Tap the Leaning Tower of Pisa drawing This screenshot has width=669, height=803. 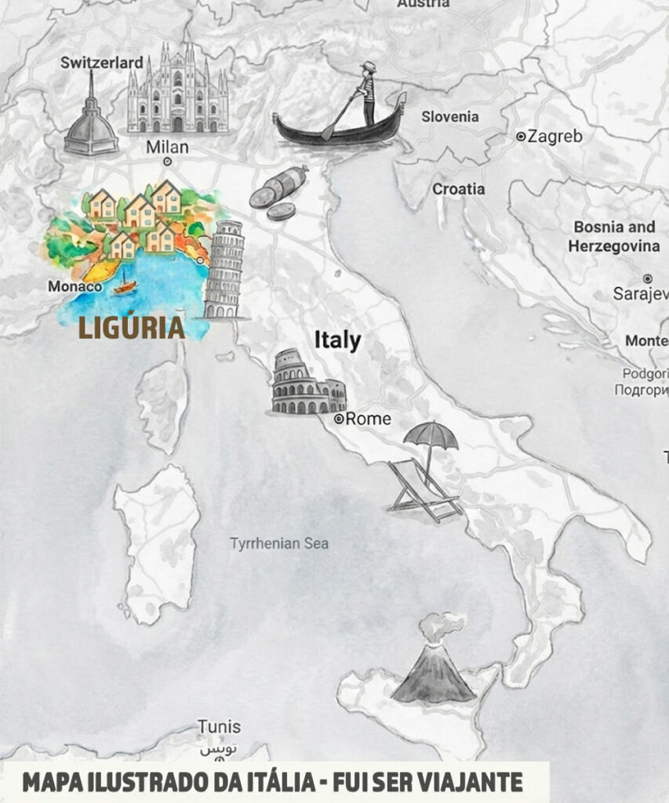coord(225,269)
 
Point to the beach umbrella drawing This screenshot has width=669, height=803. coord(431,435)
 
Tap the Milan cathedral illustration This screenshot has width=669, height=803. coord(178,90)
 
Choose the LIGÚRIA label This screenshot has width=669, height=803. coord(132,328)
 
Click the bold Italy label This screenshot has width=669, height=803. coord(337,340)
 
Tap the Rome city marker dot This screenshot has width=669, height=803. coord(339,420)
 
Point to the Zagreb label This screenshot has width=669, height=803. coord(554,136)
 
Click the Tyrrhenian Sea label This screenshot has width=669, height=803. coord(279,543)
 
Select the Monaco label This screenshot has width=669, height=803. coord(75,287)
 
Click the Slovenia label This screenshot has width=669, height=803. coord(449,117)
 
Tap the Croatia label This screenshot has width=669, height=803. coord(459,189)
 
